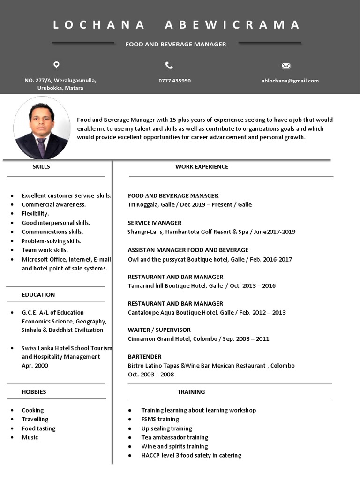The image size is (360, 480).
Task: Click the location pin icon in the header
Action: point(56,65)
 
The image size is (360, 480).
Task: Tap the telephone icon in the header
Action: point(169,65)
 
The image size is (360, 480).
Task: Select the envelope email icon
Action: point(286,66)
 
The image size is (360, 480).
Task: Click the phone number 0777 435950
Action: point(174,81)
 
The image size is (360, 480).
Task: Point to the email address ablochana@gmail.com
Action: point(290,81)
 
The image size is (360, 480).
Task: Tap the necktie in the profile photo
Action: point(41,147)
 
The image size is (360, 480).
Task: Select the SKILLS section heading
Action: point(41,166)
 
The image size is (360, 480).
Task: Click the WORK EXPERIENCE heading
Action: point(202,166)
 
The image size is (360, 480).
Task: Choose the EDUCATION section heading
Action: point(38,294)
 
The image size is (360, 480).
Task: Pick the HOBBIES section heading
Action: point(34,391)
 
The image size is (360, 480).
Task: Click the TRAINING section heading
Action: point(191,391)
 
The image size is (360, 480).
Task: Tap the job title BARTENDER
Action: point(144,356)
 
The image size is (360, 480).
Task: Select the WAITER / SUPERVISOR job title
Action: point(159,330)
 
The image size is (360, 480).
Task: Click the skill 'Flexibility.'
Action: point(35,213)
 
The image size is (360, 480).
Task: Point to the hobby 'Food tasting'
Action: point(38,428)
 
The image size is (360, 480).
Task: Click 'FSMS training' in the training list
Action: point(160,419)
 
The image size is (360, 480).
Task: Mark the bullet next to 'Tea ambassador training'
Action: point(130,437)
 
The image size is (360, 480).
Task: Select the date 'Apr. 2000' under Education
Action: point(35,366)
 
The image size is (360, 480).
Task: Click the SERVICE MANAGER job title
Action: point(154,223)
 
